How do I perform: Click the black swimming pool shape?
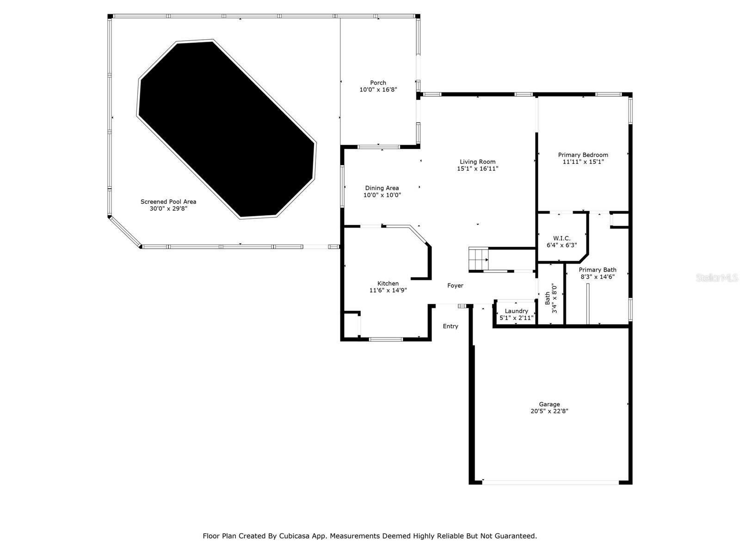coord(227,129)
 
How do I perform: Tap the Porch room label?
coord(378,83)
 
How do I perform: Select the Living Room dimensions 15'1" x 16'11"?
coord(477,169)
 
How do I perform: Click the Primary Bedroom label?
coord(583,155)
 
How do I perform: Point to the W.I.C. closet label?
coord(561,238)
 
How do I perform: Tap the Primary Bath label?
coord(597,270)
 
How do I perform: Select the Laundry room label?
coord(516,311)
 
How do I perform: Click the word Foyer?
coord(455,286)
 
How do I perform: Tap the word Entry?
coord(450,327)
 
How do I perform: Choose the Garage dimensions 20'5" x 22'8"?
coord(549,411)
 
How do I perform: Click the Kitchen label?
coord(388,284)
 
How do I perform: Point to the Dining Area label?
coord(382,188)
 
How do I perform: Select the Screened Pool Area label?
coord(168,202)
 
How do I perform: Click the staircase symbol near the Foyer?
coord(478,259)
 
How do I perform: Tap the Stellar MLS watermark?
coord(717,278)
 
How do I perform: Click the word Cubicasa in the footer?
coord(295,536)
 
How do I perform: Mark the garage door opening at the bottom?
coord(550,482)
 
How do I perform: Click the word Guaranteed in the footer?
coord(515,536)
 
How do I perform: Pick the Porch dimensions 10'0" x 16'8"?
coord(378,90)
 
